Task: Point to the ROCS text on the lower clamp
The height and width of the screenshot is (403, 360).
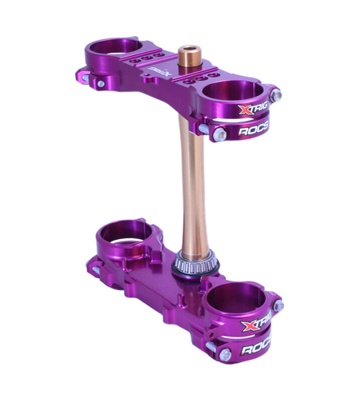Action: (254, 349)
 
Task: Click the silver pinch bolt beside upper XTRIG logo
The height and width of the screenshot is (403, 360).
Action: (276, 95)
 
